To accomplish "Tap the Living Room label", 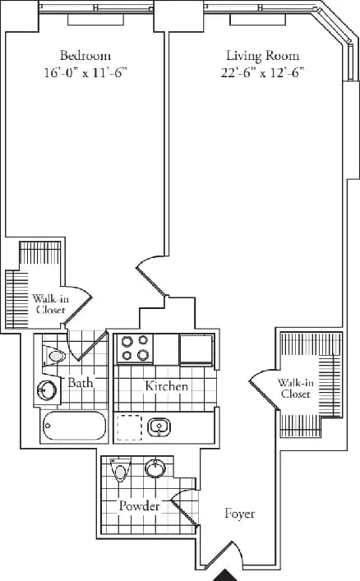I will tap(262, 56).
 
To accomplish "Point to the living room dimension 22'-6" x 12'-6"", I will tap(262, 72).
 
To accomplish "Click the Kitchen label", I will tap(167, 385).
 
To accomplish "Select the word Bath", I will tap(81, 383).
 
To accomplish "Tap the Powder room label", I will tap(139, 505).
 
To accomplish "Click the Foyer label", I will tap(239, 514).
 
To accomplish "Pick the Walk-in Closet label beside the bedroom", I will tap(49, 304).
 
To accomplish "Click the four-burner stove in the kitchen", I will tap(136, 348).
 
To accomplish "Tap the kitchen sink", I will tap(159, 427).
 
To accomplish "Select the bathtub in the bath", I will tap(73, 428).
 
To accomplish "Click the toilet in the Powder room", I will tap(122, 473).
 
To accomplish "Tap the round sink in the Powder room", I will tap(155, 469).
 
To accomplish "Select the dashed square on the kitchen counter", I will tap(129, 427).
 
